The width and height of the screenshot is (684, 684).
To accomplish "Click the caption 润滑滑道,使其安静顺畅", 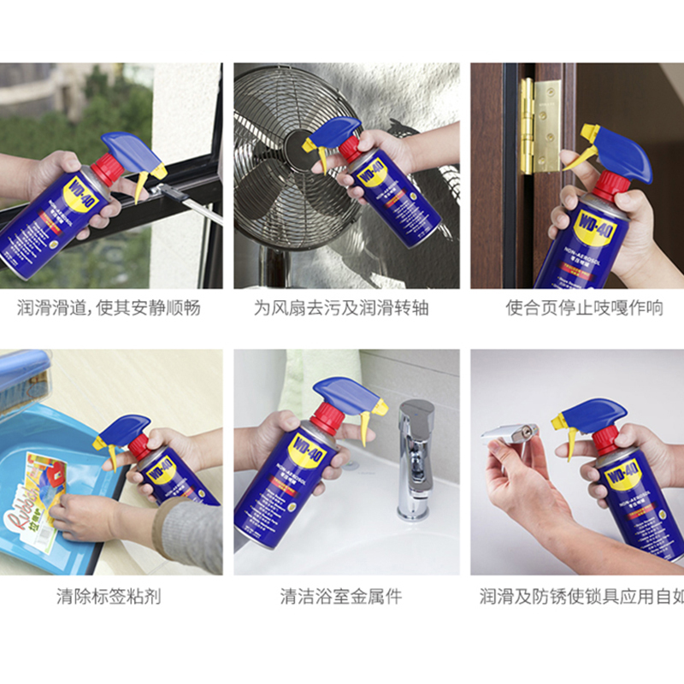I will (109, 308).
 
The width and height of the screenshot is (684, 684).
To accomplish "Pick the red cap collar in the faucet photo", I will (327, 420).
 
